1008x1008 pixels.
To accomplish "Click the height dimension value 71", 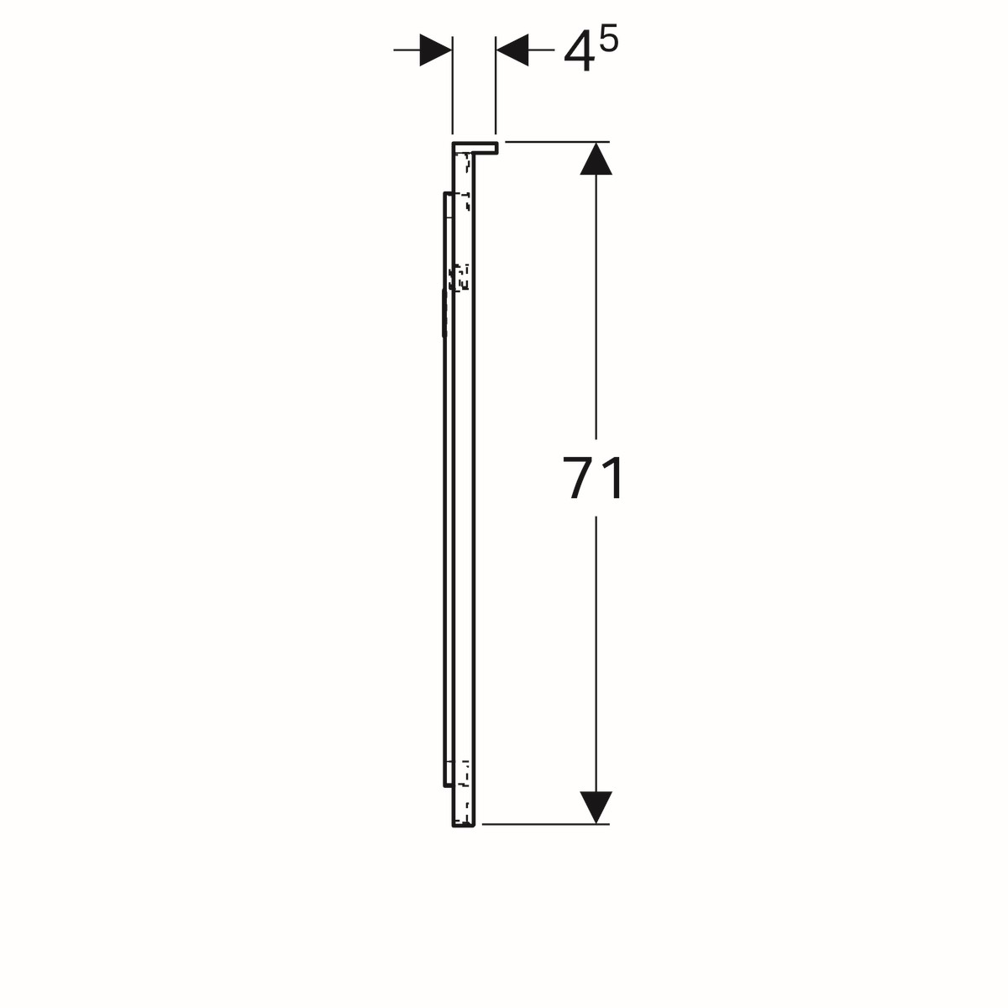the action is click(x=594, y=478).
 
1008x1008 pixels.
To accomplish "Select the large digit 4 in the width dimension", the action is click(x=580, y=50).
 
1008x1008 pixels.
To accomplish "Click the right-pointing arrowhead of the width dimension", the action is click(x=436, y=50).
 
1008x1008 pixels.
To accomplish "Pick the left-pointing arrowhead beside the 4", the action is click(x=512, y=50).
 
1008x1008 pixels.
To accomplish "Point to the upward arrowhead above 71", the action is click(x=596, y=159).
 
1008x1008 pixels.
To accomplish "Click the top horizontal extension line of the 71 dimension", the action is click(x=557, y=142).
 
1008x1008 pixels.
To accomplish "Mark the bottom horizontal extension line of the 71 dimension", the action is click(x=546, y=825).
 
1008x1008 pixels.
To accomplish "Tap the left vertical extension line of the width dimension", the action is click(x=453, y=86).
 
